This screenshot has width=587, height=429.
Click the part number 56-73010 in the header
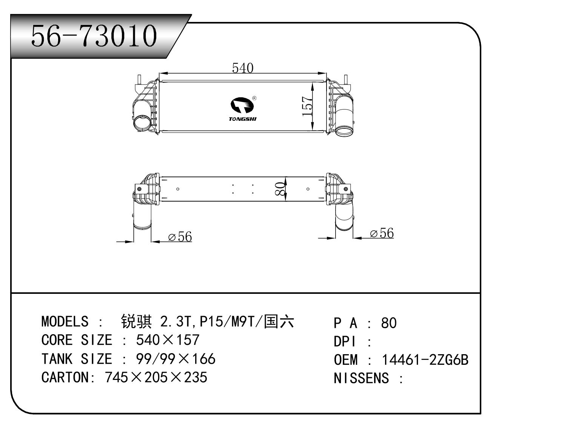click(94, 36)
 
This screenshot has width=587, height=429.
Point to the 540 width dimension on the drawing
click(242, 68)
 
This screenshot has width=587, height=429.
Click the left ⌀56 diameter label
click(180, 237)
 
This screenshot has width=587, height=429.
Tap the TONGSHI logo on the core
click(243, 110)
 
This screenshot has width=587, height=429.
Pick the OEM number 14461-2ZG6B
click(425, 360)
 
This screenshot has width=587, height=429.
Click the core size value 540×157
click(167, 340)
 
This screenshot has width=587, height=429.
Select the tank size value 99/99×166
click(175, 359)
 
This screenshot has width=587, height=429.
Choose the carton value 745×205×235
click(156, 377)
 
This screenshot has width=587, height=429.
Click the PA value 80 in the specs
click(389, 323)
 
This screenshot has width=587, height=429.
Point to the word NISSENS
click(361, 378)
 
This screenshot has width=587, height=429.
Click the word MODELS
click(65, 322)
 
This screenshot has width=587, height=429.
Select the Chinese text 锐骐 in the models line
click(136, 322)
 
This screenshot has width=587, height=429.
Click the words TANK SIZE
click(77, 359)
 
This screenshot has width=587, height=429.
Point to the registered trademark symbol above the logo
click(254, 98)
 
